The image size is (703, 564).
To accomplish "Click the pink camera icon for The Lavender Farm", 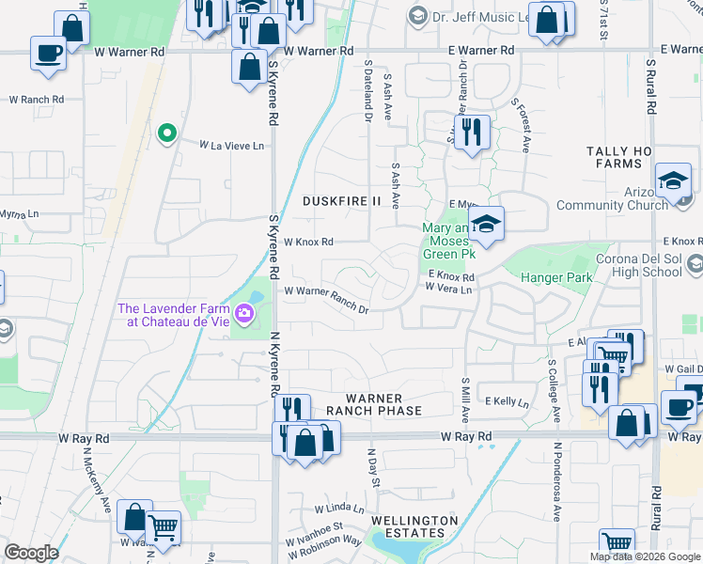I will (246, 312).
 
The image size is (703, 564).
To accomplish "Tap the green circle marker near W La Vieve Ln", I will (167, 133).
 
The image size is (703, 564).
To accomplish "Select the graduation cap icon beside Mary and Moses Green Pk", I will (486, 225).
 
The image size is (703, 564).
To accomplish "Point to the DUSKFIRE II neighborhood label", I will (342, 201).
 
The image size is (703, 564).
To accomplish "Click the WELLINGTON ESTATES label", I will (414, 526).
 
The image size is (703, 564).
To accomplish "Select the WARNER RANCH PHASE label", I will (374, 404).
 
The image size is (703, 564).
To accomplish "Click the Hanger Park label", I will (559, 277).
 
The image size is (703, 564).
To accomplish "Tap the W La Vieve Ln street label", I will (232, 145).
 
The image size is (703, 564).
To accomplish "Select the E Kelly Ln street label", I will (508, 401).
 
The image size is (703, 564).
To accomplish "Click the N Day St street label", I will (374, 467).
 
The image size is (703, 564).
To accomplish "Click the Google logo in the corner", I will (31, 552).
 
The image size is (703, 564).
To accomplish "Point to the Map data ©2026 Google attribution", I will (644, 556).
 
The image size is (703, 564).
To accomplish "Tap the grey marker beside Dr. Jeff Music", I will (417, 16).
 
